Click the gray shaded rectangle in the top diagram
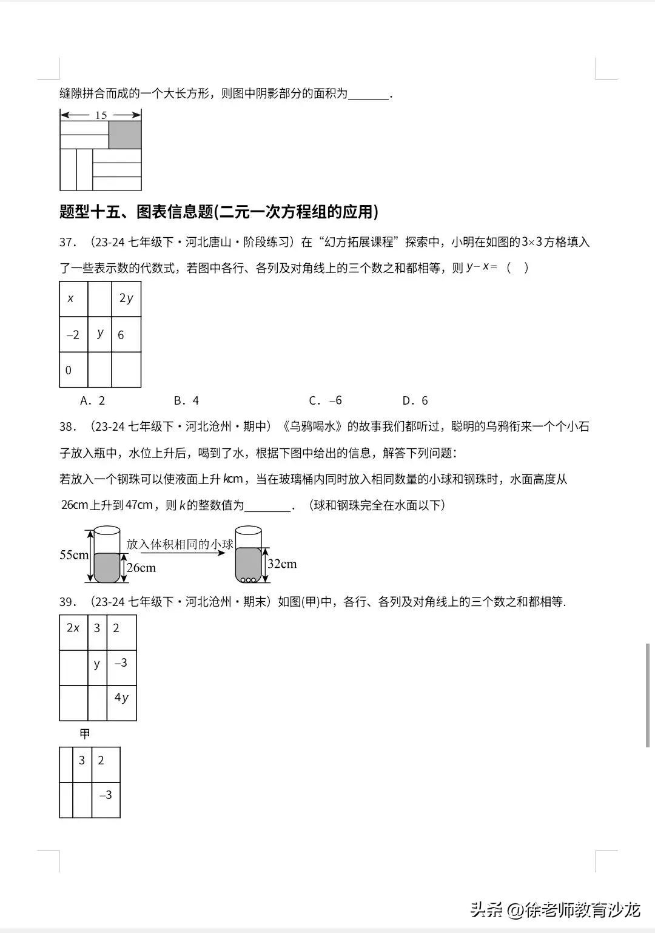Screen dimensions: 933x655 click(125, 135)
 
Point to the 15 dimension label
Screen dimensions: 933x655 click(101, 115)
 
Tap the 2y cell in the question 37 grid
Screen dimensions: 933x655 click(126, 298)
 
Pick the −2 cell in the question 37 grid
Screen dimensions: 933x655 click(73, 335)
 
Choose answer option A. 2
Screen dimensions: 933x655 click(93, 400)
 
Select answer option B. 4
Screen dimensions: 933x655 click(186, 400)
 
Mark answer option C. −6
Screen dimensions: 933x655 click(325, 400)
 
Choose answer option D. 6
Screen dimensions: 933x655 click(415, 400)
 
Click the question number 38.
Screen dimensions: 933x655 click(67, 427)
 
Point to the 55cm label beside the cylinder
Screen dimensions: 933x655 click(74, 554)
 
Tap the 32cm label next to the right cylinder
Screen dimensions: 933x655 click(282, 564)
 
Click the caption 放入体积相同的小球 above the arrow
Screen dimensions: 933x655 click(180, 544)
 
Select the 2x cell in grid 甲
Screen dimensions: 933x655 click(73, 628)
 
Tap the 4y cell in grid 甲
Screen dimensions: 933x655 click(121, 698)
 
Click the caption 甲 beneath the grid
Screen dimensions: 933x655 click(85, 733)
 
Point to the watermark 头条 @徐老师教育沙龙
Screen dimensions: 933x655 click(555, 910)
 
